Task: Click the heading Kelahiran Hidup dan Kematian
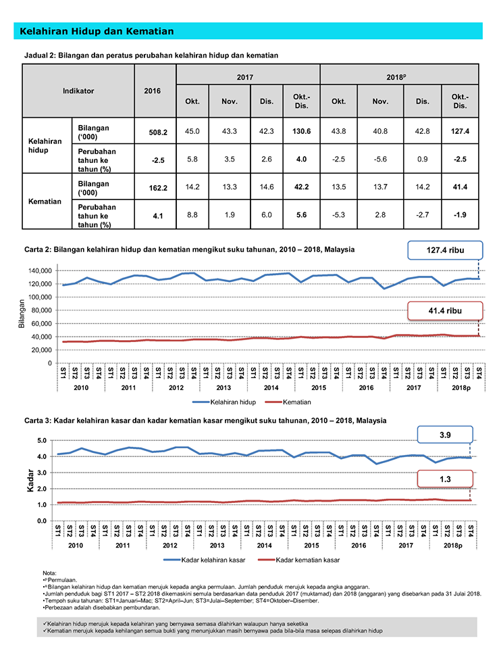click(97, 32)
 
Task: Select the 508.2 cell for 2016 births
click(158, 133)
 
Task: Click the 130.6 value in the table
click(301, 131)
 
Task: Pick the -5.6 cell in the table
click(380, 159)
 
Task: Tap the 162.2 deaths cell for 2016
click(158, 188)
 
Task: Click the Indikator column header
click(78, 91)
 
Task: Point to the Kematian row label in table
click(45, 201)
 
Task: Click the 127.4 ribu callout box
click(445, 250)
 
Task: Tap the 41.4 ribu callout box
click(445, 311)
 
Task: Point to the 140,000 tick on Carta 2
click(40, 270)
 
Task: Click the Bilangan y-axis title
click(22, 314)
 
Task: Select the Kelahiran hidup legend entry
click(223, 402)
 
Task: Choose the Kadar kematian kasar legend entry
click(298, 560)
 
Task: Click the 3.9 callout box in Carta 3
click(445, 435)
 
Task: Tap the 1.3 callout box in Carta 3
click(445, 479)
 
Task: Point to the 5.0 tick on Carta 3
click(42, 440)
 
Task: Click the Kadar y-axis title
click(30, 481)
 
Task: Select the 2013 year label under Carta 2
click(223, 388)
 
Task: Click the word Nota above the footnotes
click(49, 573)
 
